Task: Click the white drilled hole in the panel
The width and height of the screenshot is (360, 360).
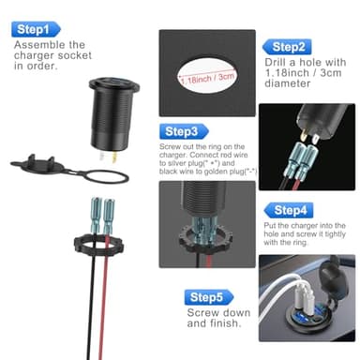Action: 212,76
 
